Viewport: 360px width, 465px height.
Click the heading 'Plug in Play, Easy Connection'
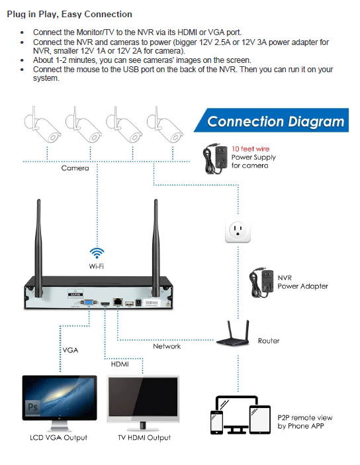pyautogui.click(x=69, y=14)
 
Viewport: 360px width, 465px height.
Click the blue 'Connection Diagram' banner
pyautogui.click(x=275, y=121)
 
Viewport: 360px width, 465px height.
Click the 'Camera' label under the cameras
pyautogui.click(x=75, y=168)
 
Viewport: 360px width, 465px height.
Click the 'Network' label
pyautogui.click(x=167, y=346)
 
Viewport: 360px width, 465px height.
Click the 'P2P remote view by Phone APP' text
pyautogui.click(x=304, y=422)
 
